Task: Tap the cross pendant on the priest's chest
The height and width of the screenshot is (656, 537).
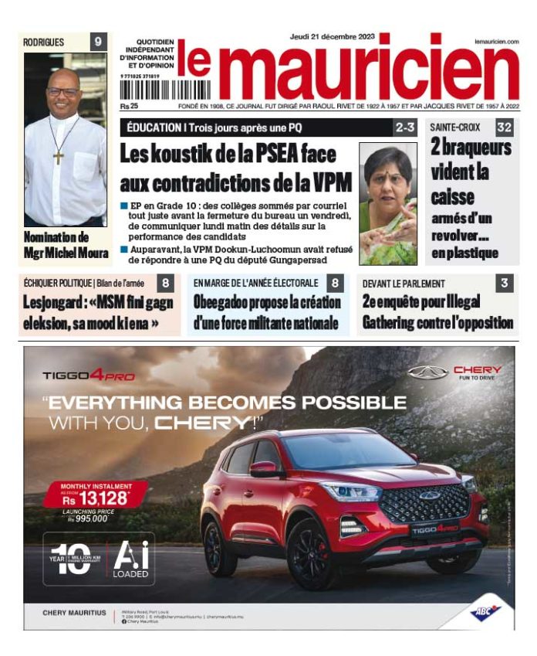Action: click(x=59, y=155)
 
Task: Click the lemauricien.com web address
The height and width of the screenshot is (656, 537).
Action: click(x=496, y=42)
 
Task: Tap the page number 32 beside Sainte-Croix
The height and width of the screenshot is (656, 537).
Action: click(x=505, y=127)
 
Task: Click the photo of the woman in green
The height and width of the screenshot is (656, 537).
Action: click(x=390, y=205)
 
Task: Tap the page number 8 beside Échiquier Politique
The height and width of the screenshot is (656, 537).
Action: click(x=166, y=283)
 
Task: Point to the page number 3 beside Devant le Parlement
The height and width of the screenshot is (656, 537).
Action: click(x=504, y=283)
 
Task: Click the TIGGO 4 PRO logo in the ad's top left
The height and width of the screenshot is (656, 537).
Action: click(x=89, y=376)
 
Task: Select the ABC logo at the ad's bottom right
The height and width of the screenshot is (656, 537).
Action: click(x=486, y=612)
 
